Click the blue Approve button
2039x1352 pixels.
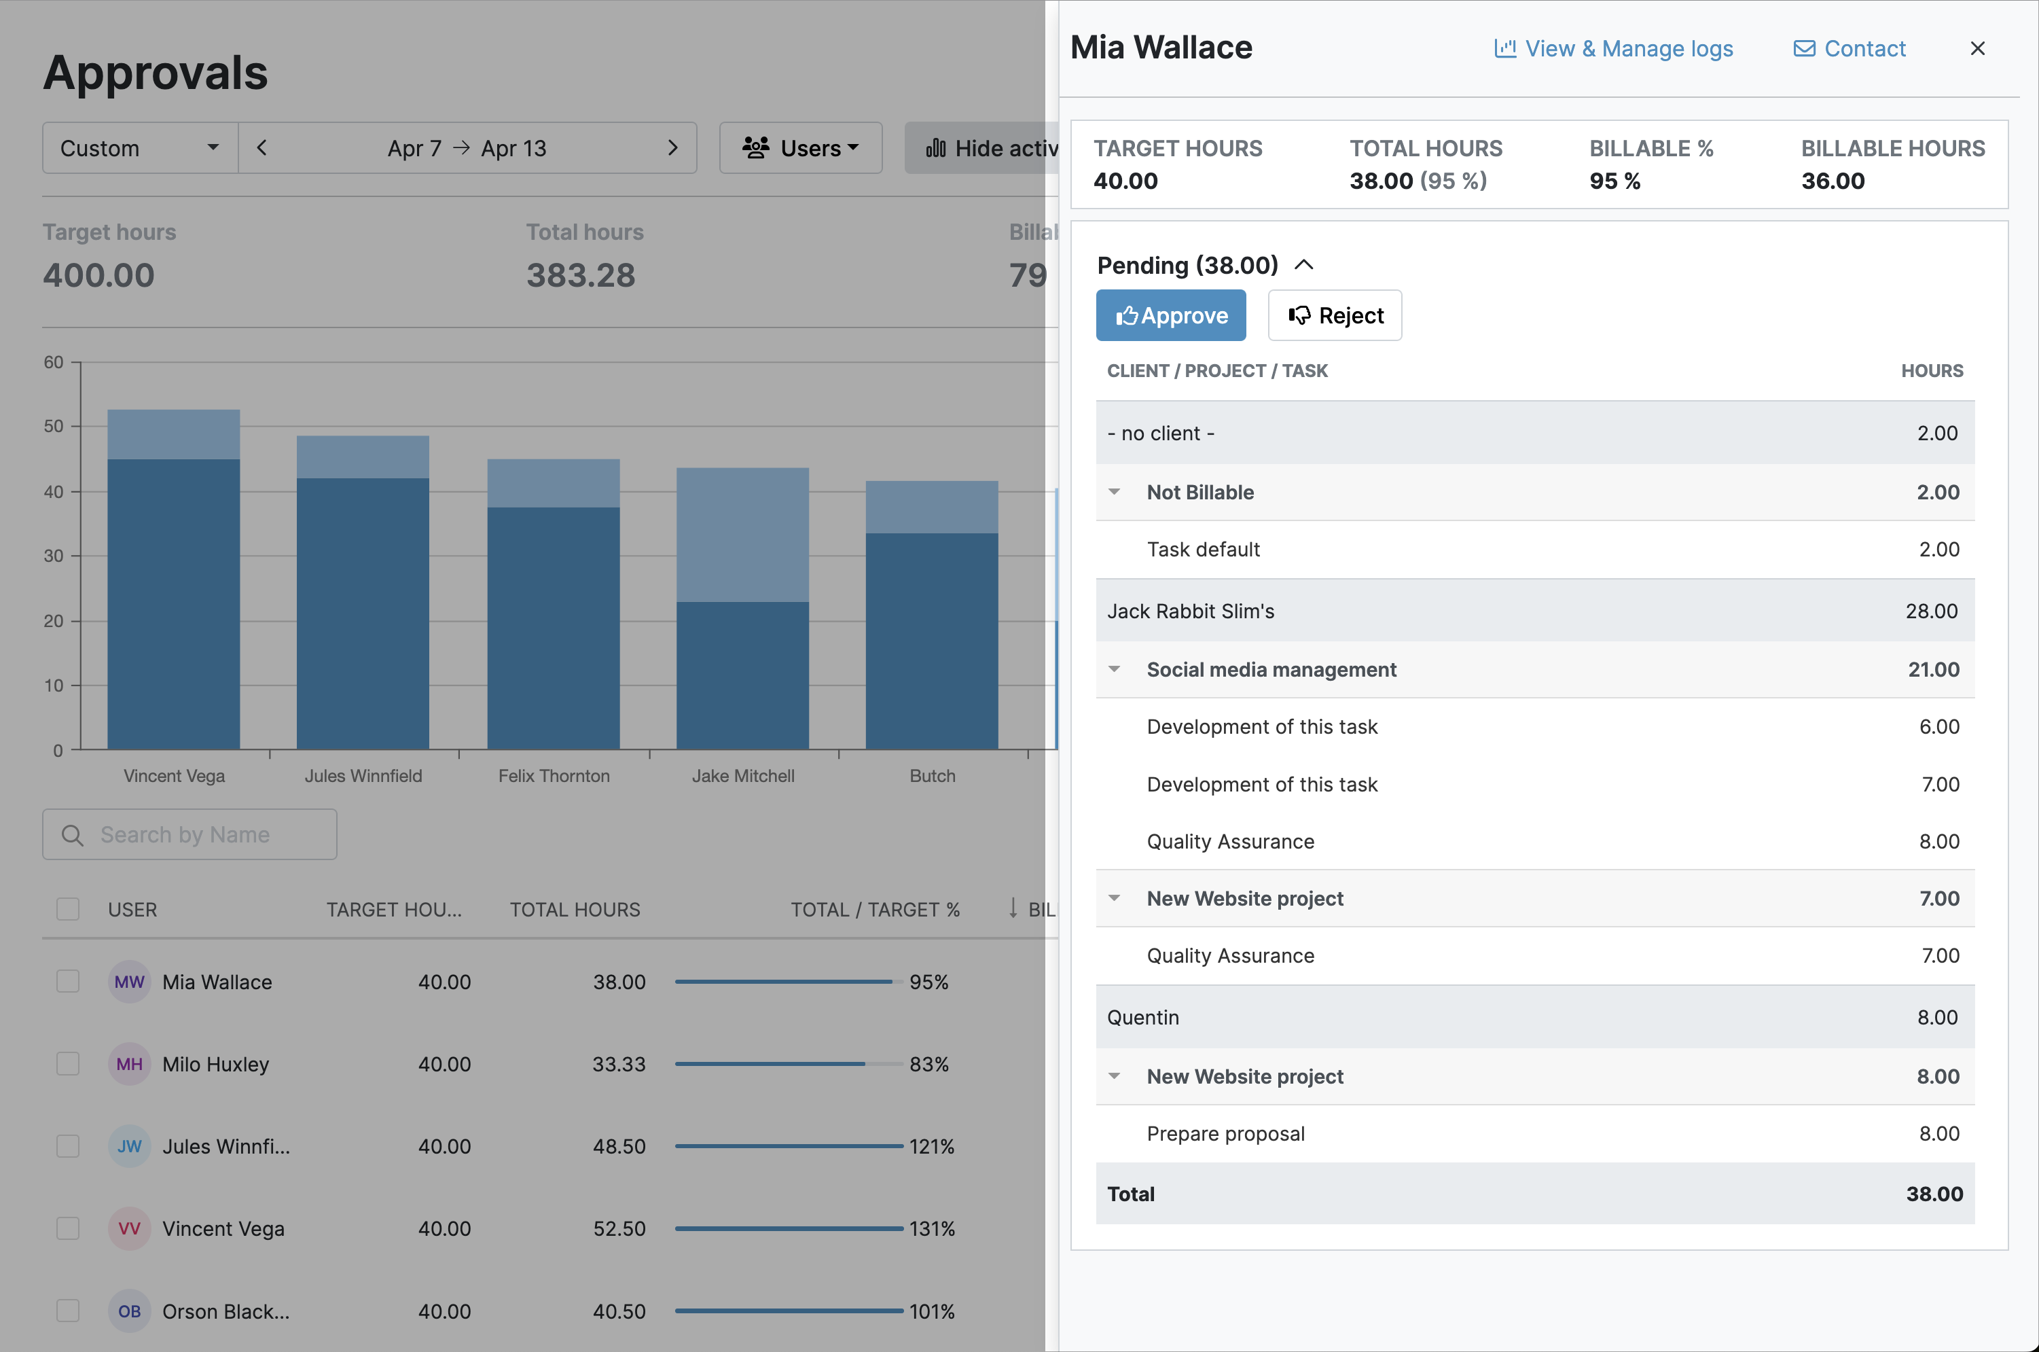pos(1170,316)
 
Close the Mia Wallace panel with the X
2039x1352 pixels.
pos(1977,48)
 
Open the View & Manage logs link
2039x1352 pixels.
pos(1613,48)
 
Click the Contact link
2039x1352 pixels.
pos(1849,48)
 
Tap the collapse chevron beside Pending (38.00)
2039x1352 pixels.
pos(1304,265)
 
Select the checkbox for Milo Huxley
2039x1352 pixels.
pos(68,1063)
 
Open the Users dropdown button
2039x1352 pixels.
pos(801,148)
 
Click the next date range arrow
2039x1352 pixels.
pos(673,148)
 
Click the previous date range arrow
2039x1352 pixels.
pos(262,148)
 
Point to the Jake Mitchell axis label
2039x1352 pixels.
pos(743,775)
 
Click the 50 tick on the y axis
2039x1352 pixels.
pos(54,426)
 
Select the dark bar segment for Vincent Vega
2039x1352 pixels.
pos(173,603)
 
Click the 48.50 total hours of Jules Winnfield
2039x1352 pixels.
pos(619,1146)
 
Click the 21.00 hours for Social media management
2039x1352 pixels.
pos(1933,669)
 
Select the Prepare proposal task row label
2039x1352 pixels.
pos(1225,1133)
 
